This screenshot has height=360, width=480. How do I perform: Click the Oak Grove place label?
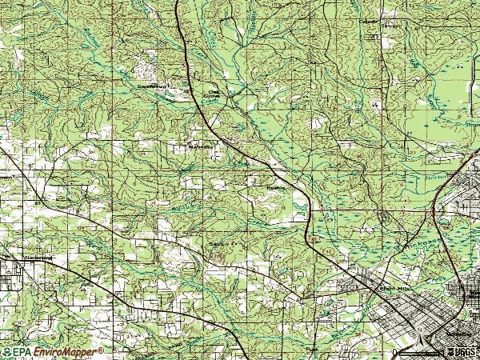214,94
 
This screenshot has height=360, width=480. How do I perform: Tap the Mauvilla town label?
198,147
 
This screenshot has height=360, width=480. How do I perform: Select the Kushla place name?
276,189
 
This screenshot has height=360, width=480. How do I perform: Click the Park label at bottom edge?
310,350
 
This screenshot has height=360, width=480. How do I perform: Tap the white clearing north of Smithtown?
149,62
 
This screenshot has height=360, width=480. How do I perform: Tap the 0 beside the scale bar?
395,353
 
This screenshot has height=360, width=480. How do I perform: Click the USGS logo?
462,352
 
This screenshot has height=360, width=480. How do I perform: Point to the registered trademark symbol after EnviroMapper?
101,350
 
